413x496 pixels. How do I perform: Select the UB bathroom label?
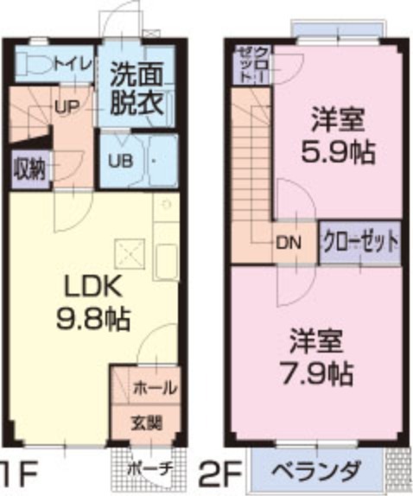click(118, 160)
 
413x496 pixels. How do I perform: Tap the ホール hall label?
click(155, 387)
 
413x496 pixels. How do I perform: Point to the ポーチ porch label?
click(149, 469)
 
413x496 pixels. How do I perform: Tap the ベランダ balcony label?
click(316, 473)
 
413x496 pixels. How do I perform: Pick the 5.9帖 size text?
click(339, 154)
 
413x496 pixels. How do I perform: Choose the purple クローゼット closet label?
click(361, 241)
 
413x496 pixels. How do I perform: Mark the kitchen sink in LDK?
click(165, 258)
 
